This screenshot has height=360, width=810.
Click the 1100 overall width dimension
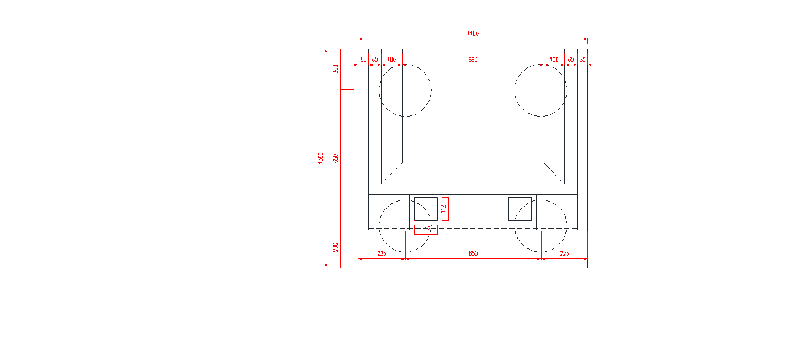point(473,34)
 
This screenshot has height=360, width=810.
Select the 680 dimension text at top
point(473,60)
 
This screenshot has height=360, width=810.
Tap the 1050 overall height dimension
point(321,158)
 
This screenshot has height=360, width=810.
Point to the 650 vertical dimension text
point(335,158)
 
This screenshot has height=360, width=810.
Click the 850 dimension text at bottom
point(473,253)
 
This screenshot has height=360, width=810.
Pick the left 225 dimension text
point(382,253)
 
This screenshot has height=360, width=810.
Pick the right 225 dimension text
point(564,253)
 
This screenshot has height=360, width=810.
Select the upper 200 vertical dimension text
point(335,69)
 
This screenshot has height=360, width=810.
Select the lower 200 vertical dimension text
point(335,247)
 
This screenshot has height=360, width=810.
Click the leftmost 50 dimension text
point(363,60)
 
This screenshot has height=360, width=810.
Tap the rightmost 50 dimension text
point(582,60)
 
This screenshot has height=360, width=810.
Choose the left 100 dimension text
point(391,60)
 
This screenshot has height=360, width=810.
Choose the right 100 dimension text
point(554,60)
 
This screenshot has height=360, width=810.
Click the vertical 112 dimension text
point(443,208)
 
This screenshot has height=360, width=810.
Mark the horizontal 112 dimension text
point(426,229)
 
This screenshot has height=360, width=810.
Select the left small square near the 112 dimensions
point(426,208)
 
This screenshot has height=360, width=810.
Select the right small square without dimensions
point(520,208)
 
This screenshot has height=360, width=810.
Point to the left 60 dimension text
point(375,60)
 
